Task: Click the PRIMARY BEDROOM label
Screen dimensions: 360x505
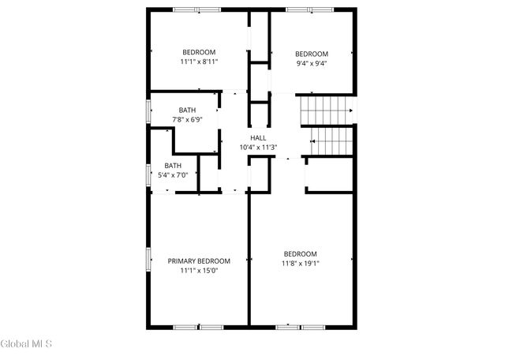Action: (199, 261)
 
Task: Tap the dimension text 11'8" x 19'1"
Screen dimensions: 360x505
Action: (301, 263)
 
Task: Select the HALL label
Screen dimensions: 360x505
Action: (258, 137)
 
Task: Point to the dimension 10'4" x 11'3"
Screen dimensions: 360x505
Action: (258, 147)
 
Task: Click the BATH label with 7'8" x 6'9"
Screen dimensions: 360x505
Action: (187, 111)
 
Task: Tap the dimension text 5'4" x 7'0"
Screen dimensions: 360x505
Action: (173, 175)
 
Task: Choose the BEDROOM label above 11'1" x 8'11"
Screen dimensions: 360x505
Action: (199, 52)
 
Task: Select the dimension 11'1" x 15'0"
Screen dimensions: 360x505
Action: (199, 271)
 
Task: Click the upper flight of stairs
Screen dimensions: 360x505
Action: (324, 111)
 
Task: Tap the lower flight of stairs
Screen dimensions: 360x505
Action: (332, 141)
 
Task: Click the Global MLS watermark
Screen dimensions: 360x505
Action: (27, 343)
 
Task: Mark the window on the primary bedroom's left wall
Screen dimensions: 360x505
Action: (148, 259)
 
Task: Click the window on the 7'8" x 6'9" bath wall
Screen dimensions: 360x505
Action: (148, 111)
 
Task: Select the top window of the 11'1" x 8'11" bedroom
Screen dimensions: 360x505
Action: (197, 10)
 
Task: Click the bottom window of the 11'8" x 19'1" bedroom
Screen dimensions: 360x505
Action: (301, 326)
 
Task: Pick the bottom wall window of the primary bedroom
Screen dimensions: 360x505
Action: (199, 326)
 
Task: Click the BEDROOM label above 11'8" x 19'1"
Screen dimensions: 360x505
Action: (301, 253)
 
